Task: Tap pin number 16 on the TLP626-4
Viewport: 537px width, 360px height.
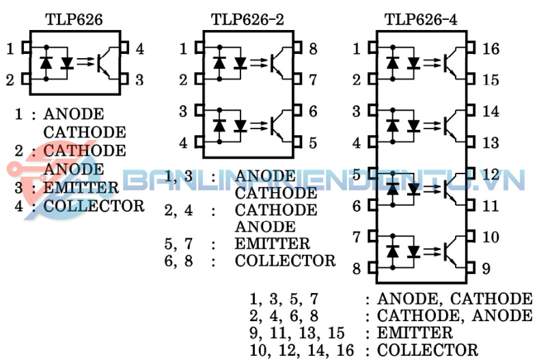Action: pyautogui.click(x=491, y=49)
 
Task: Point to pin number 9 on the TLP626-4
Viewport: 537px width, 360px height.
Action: pyautogui.click(x=486, y=268)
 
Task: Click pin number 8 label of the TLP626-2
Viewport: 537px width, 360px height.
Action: pyautogui.click(x=313, y=49)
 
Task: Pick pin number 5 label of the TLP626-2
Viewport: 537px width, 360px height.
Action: pyautogui.click(x=313, y=143)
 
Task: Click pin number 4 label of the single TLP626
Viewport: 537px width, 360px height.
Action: pyautogui.click(x=139, y=49)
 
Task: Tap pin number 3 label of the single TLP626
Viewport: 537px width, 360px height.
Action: pyautogui.click(x=139, y=79)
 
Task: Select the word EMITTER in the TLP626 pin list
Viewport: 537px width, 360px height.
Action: pyautogui.click(x=81, y=187)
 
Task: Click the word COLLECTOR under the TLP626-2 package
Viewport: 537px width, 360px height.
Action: pyautogui.click(x=285, y=260)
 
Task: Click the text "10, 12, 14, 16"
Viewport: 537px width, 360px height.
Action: pyautogui.click(x=302, y=350)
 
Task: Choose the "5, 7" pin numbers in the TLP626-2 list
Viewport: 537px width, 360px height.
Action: pyautogui.click(x=178, y=243)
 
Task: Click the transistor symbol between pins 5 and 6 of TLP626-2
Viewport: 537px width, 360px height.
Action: pyautogui.click(x=278, y=126)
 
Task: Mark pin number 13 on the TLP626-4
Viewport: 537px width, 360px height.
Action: pyautogui.click(x=491, y=143)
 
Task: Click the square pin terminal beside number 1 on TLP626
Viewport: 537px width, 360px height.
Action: pyautogui.click(x=25, y=49)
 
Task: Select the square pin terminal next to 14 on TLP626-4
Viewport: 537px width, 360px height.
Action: pyautogui.click(x=470, y=111)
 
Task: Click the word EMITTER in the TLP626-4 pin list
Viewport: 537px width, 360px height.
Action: pyautogui.click(x=415, y=333)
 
